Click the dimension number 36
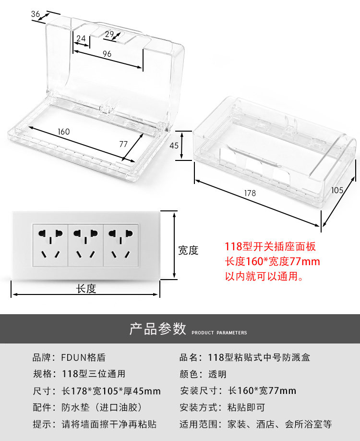(x=36, y=14)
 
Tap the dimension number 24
(x=81, y=38)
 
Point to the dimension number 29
(x=109, y=34)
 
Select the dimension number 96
(x=107, y=54)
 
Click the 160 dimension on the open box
(x=63, y=132)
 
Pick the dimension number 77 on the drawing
(x=123, y=143)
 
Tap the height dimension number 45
(x=174, y=146)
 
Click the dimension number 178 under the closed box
(x=250, y=193)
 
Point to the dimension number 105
(x=337, y=190)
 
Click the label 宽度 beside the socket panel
(x=188, y=250)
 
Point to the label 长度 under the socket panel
(x=86, y=289)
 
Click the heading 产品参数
(x=157, y=329)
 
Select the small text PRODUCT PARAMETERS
(x=219, y=332)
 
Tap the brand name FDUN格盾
(x=83, y=357)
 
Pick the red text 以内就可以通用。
(x=264, y=276)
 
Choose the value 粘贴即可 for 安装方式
(x=246, y=408)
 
